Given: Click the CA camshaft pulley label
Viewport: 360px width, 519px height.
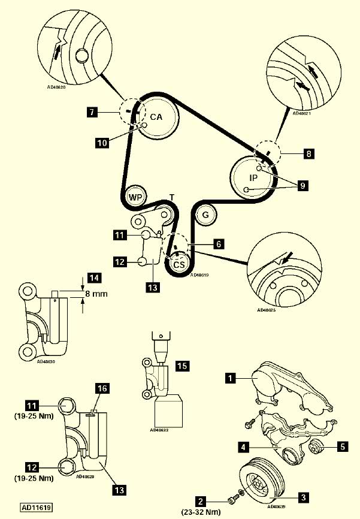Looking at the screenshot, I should pos(156,117).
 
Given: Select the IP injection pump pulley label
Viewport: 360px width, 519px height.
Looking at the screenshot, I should pos(253,177).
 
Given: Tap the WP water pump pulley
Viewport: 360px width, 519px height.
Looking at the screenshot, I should pos(135,197).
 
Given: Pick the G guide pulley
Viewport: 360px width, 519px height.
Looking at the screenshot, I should pos(205,214).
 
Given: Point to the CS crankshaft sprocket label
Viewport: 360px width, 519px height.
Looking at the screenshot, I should pos(179,264).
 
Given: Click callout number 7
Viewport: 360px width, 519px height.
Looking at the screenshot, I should pos(91,112).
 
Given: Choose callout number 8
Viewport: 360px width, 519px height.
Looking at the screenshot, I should pos(308,154).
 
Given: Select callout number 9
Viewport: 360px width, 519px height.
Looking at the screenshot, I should pos(303,186).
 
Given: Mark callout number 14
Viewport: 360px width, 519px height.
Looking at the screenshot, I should pos(93,277).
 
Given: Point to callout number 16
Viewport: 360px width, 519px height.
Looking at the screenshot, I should pos(102,389).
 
